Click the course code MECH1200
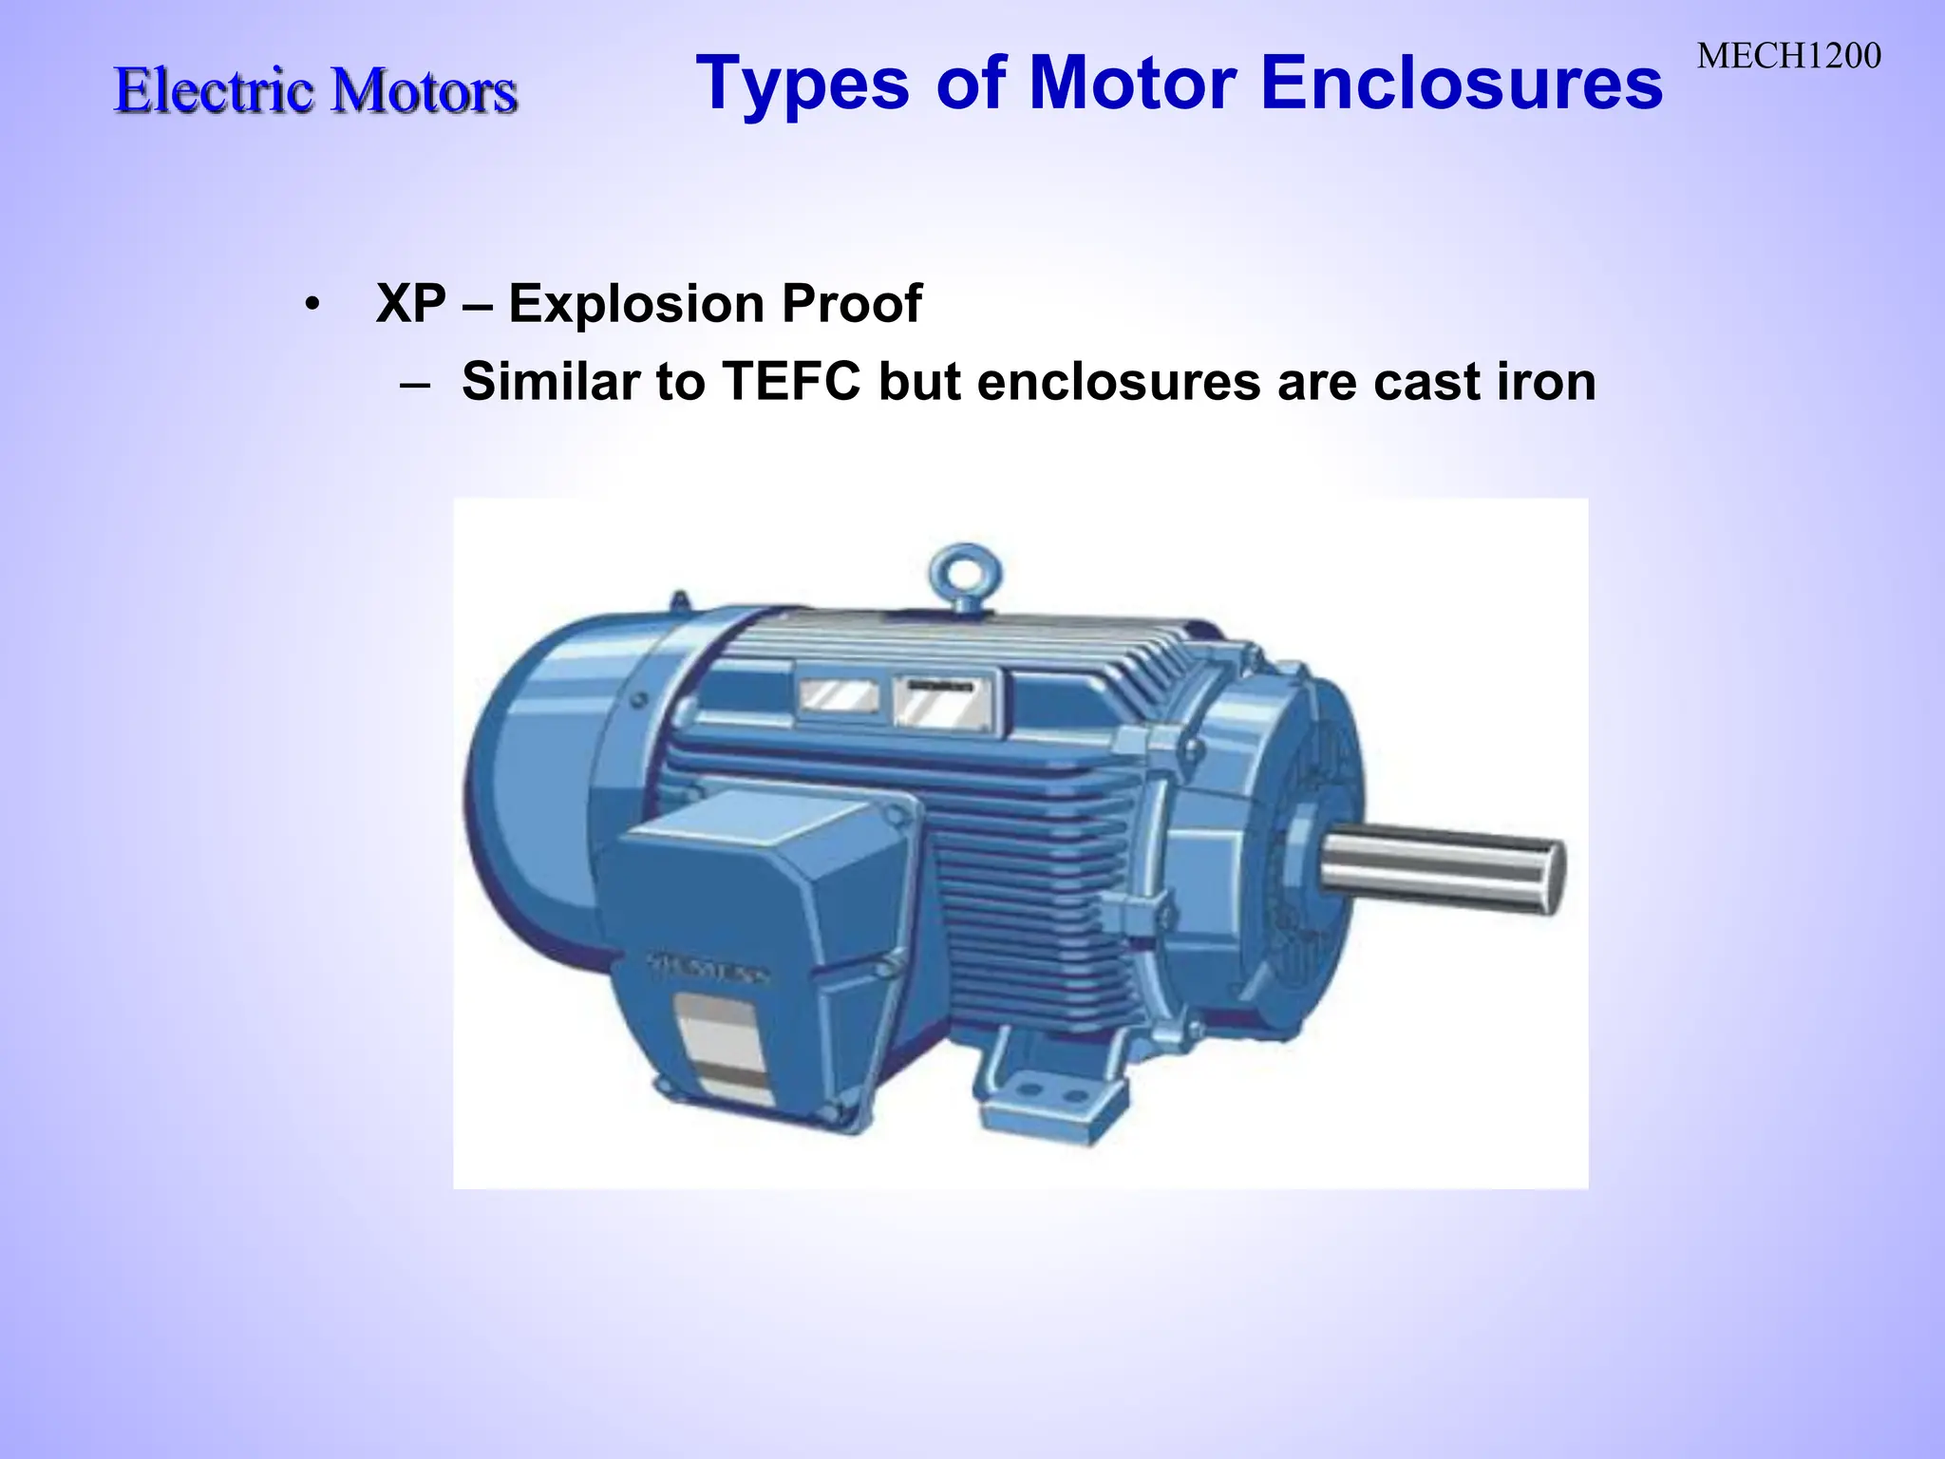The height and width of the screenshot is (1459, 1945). (x=1788, y=57)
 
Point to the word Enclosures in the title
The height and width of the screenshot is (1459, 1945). (x=1462, y=84)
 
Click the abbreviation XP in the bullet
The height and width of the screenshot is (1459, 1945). (x=410, y=304)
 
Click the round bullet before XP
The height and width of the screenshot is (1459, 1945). (x=312, y=306)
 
